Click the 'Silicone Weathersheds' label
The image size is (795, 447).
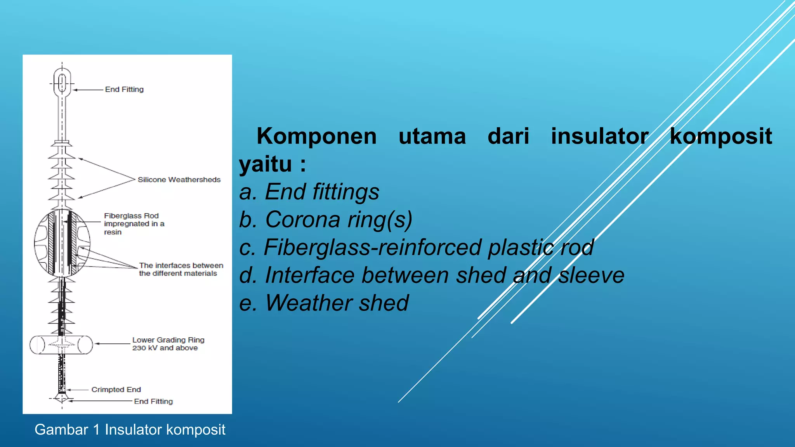pos(179,180)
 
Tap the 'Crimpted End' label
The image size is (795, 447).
pos(116,390)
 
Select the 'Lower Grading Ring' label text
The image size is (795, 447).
pos(168,340)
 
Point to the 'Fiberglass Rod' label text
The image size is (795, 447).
pos(131,216)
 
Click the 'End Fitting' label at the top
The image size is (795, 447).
pos(124,90)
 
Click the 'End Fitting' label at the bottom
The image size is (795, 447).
pos(153,402)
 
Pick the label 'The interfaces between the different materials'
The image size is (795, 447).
pos(181,269)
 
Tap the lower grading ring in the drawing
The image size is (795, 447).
pos(61,345)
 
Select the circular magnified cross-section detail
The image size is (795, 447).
pos(62,243)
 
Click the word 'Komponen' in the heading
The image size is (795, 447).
pos(316,137)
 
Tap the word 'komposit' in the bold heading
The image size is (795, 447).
pos(721,137)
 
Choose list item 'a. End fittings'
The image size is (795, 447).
pos(309,192)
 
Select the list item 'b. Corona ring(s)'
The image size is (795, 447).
pos(325,220)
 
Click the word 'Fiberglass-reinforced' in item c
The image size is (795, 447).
pos(373,247)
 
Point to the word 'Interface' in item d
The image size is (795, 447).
pos(309,275)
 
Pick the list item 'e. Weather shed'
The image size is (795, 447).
pos(324,303)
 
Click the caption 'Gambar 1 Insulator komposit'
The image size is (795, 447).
pos(130,430)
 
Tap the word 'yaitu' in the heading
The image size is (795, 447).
pos(265,164)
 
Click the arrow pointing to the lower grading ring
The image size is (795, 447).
pos(113,344)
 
